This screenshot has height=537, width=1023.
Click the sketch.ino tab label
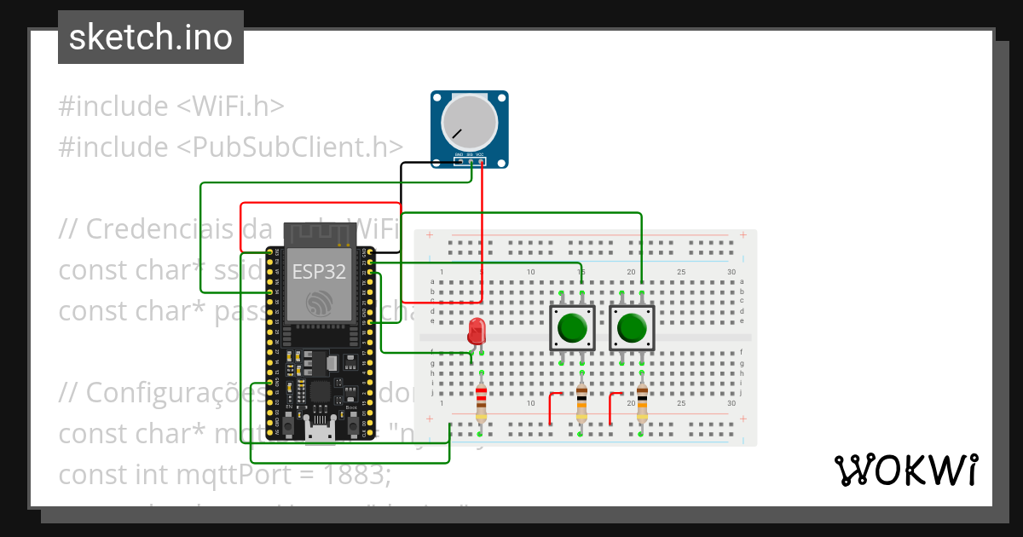tap(150, 38)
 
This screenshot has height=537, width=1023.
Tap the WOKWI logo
tap(906, 470)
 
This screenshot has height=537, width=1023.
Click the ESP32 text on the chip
tap(319, 272)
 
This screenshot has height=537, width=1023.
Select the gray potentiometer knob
tap(468, 123)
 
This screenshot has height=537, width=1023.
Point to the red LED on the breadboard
tap(476, 331)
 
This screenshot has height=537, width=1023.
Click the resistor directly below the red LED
tap(482, 402)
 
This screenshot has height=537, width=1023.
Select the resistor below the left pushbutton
tap(581, 402)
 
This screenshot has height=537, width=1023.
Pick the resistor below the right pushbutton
tap(642, 402)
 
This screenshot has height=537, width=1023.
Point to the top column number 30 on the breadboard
tap(731, 272)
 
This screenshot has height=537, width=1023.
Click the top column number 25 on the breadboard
tap(680, 272)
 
